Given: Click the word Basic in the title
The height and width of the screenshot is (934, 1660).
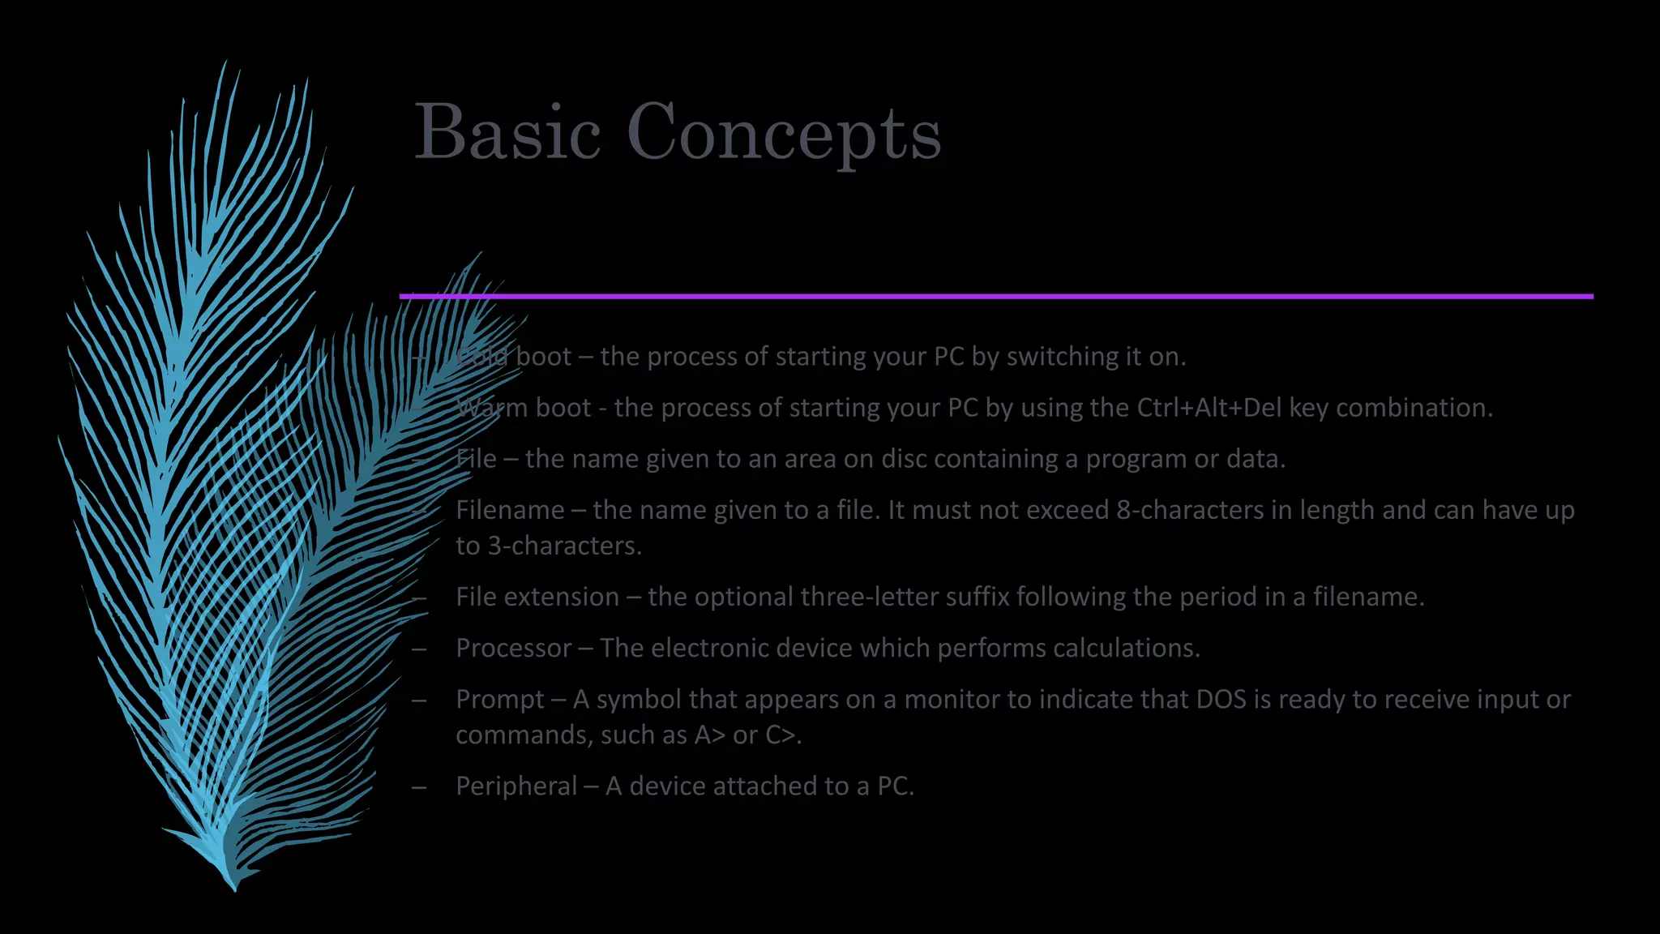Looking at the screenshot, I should (x=507, y=132).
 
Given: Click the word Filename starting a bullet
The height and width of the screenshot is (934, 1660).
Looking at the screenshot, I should (x=510, y=510).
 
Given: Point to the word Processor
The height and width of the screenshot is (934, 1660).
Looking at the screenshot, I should (x=513, y=648).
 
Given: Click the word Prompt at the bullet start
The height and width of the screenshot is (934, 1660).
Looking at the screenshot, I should (x=499, y=699).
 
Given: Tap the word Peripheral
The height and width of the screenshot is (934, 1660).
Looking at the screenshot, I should (x=516, y=786).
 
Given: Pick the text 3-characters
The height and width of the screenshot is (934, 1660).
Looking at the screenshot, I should (x=563, y=546).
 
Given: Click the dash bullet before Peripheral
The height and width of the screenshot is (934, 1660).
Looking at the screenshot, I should (x=419, y=786).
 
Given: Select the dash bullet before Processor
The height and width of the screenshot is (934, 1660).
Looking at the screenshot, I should (x=419, y=649).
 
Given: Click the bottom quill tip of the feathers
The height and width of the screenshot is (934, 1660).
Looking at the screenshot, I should (x=233, y=887).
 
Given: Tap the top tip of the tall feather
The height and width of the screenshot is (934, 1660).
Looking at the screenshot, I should (x=225, y=63).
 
